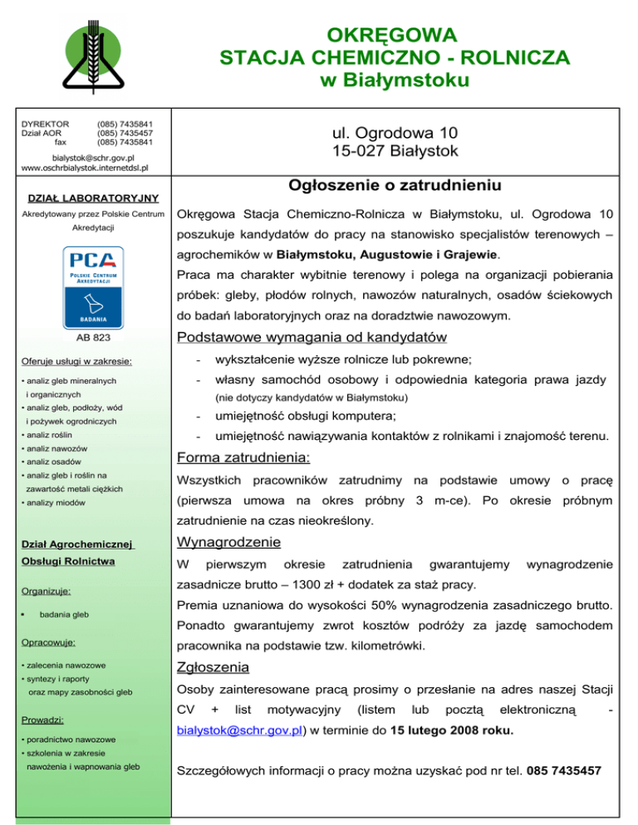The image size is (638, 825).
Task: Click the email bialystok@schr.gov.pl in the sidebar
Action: pos(93,157)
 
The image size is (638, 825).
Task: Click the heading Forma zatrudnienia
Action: pos(243,457)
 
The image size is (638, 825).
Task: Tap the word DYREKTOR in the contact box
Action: pos(45,124)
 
